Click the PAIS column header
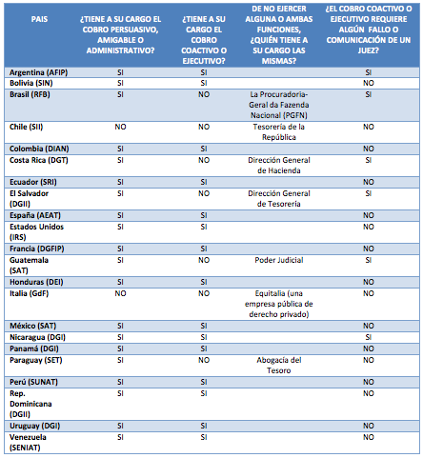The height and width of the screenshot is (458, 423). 39,19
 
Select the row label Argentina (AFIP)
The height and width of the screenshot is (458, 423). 38,72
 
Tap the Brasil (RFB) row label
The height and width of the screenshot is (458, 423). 30,94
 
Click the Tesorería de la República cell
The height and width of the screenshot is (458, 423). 279,132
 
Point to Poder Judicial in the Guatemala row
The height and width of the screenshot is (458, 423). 279,260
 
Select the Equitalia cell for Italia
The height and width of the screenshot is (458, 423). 279,304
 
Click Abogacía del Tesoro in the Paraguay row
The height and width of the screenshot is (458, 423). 279,366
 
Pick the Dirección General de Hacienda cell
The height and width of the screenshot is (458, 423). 279,166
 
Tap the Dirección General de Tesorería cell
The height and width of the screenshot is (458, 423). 279,199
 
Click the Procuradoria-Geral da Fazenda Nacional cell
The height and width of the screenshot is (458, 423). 279,105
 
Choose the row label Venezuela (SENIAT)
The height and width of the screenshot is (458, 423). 28,443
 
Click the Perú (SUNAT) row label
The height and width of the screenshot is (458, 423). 33,382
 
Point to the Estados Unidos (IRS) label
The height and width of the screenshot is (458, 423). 36,232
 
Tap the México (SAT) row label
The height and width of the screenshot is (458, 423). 32,326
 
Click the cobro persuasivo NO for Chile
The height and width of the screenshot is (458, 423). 120,127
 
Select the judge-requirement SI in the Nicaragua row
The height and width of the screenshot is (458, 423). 369,337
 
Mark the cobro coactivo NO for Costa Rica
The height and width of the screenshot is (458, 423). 204,160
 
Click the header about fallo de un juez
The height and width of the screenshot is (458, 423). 369,30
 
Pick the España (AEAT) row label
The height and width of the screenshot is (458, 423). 35,215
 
